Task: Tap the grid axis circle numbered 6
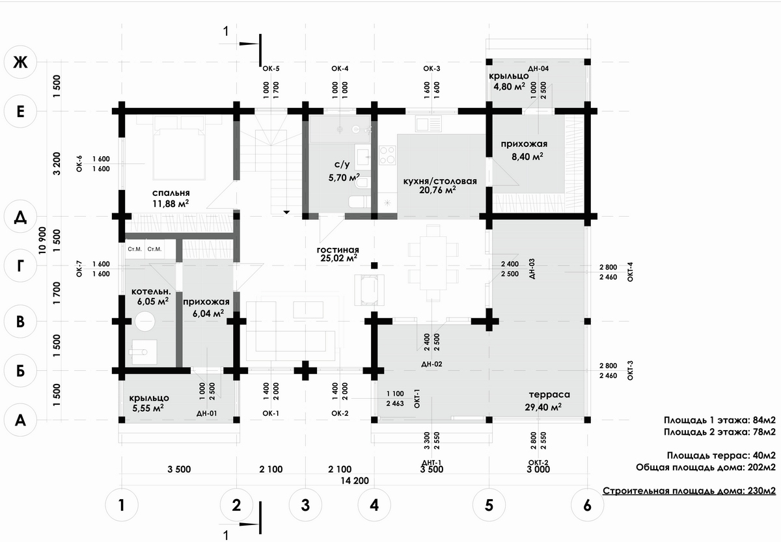pyautogui.click(x=588, y=505)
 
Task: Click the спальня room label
pyautogui.click(x=171, y=193)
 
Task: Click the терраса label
pyautogui.click(x=549, y=394)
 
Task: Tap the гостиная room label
pyautogui.click(x=338, y=249)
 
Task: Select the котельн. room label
pyautogui.click(x=150, y=291)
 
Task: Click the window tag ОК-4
pyautogui.click(x=340, y=68)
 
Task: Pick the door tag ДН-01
pyautogui.click(x=206, y=413)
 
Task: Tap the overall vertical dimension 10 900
pyautogui.click(x=43, y=241)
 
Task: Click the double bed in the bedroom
pyautogui.click(x=178, y=153)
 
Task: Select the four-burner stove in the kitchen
pyautogui.click(x=387, y=155)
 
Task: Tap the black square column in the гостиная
pyautogui.click(x=374, y=265)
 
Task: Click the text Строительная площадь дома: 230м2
pyautogui.click(x=689, y=491)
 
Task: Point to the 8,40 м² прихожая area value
pyautogui.click(x=527, y=156)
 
